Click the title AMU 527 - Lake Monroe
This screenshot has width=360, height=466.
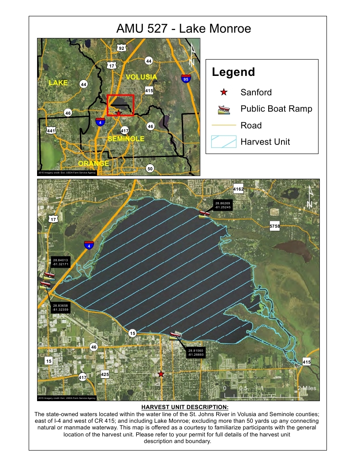click(x=184, y=29)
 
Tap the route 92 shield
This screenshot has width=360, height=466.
click(x=121, y=47)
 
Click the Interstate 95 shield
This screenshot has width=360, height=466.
click(x=186, y=79)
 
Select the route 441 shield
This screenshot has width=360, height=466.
click(x=51, y=130)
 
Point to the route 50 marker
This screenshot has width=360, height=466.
click(x=150, y=169)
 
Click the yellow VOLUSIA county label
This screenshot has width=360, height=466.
click(x=141, y=77)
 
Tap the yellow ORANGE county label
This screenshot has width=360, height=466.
click(x=94, y=163)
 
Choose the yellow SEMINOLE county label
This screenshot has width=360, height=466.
click(x=126, y=139)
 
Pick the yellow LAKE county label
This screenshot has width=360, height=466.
click(x=58, y=83)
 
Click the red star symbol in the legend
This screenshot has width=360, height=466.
click(x=224, y=92)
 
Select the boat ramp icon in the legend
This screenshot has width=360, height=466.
click(x=224, y=109)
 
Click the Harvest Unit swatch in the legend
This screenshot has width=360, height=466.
click(x=224, y=142)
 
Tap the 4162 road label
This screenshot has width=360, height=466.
click(x=239, y=189)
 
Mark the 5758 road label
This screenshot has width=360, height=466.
click(x=275, y=226)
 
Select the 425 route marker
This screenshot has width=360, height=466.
click(x=105, y=375)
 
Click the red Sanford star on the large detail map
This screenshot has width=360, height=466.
click(x=161, y=374)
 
